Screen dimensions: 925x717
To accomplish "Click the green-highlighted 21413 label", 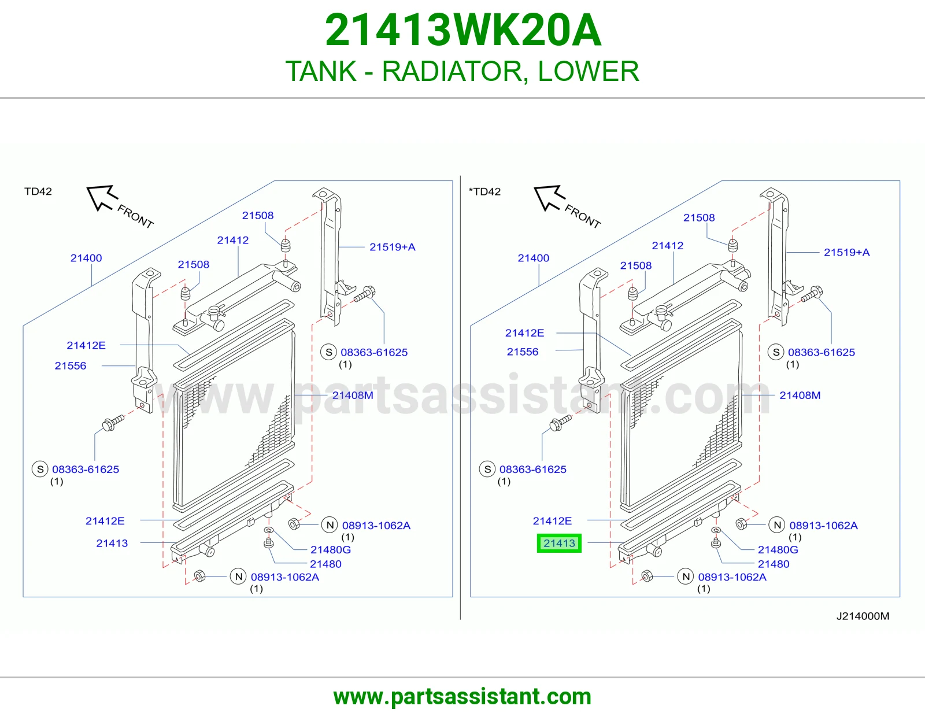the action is [559, 544].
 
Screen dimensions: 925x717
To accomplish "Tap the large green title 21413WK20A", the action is [462, 30].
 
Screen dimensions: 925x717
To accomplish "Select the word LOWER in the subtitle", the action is [589, 71].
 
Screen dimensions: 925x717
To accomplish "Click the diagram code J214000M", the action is [863, 616].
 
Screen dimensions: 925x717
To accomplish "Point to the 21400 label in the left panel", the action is [86, 258].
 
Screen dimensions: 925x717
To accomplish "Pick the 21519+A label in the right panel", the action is [847, 253].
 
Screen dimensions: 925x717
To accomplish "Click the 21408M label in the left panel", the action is [353, 395].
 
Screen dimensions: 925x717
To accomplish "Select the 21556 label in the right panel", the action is [522, 352].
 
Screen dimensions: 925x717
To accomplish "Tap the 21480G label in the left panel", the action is [330, 550].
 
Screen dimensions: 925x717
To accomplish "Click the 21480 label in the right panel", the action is [774, 564].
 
